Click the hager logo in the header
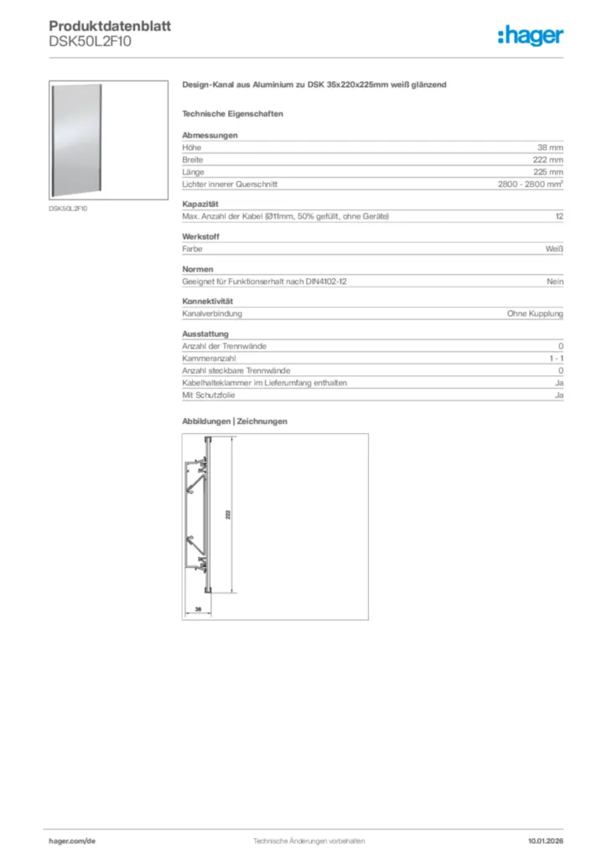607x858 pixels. tap(530, 35)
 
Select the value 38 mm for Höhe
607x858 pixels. tap(550, 147)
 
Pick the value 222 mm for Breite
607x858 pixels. tap(548, 159)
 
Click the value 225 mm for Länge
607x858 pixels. tap(548, 172)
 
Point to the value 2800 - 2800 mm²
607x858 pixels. tap(530, 184)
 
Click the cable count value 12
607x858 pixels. tap(558, 217)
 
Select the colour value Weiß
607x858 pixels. tap(554, 249)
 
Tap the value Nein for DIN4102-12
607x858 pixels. tap(555, 282)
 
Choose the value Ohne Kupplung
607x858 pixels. tap(535, 313)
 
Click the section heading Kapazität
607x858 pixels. tap(200, 204)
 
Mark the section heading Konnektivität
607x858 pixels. tap(207, 301)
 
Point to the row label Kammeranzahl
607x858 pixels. tap(209, 359)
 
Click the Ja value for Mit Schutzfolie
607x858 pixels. tap(558, 395)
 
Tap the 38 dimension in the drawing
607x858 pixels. tap(198, 609)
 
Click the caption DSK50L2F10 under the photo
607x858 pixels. tap(68, 209)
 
